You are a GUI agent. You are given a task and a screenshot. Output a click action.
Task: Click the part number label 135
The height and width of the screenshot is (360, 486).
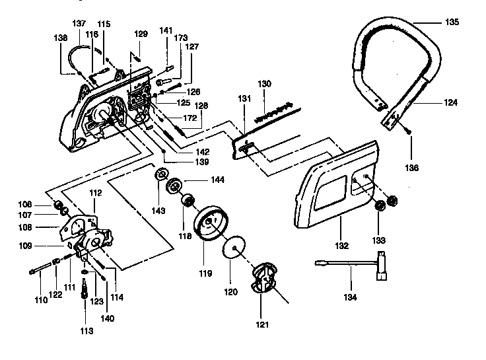tap(452, 22)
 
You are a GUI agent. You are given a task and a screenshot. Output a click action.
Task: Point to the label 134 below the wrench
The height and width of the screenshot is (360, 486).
tap(350, 298)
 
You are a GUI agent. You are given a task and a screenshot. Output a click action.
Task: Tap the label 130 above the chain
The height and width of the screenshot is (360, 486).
tap(264, 84)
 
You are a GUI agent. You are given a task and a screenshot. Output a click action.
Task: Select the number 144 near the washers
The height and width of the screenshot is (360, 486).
tap(216, 179)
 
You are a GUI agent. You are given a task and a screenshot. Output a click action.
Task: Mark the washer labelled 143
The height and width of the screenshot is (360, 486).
tap(160, 176)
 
